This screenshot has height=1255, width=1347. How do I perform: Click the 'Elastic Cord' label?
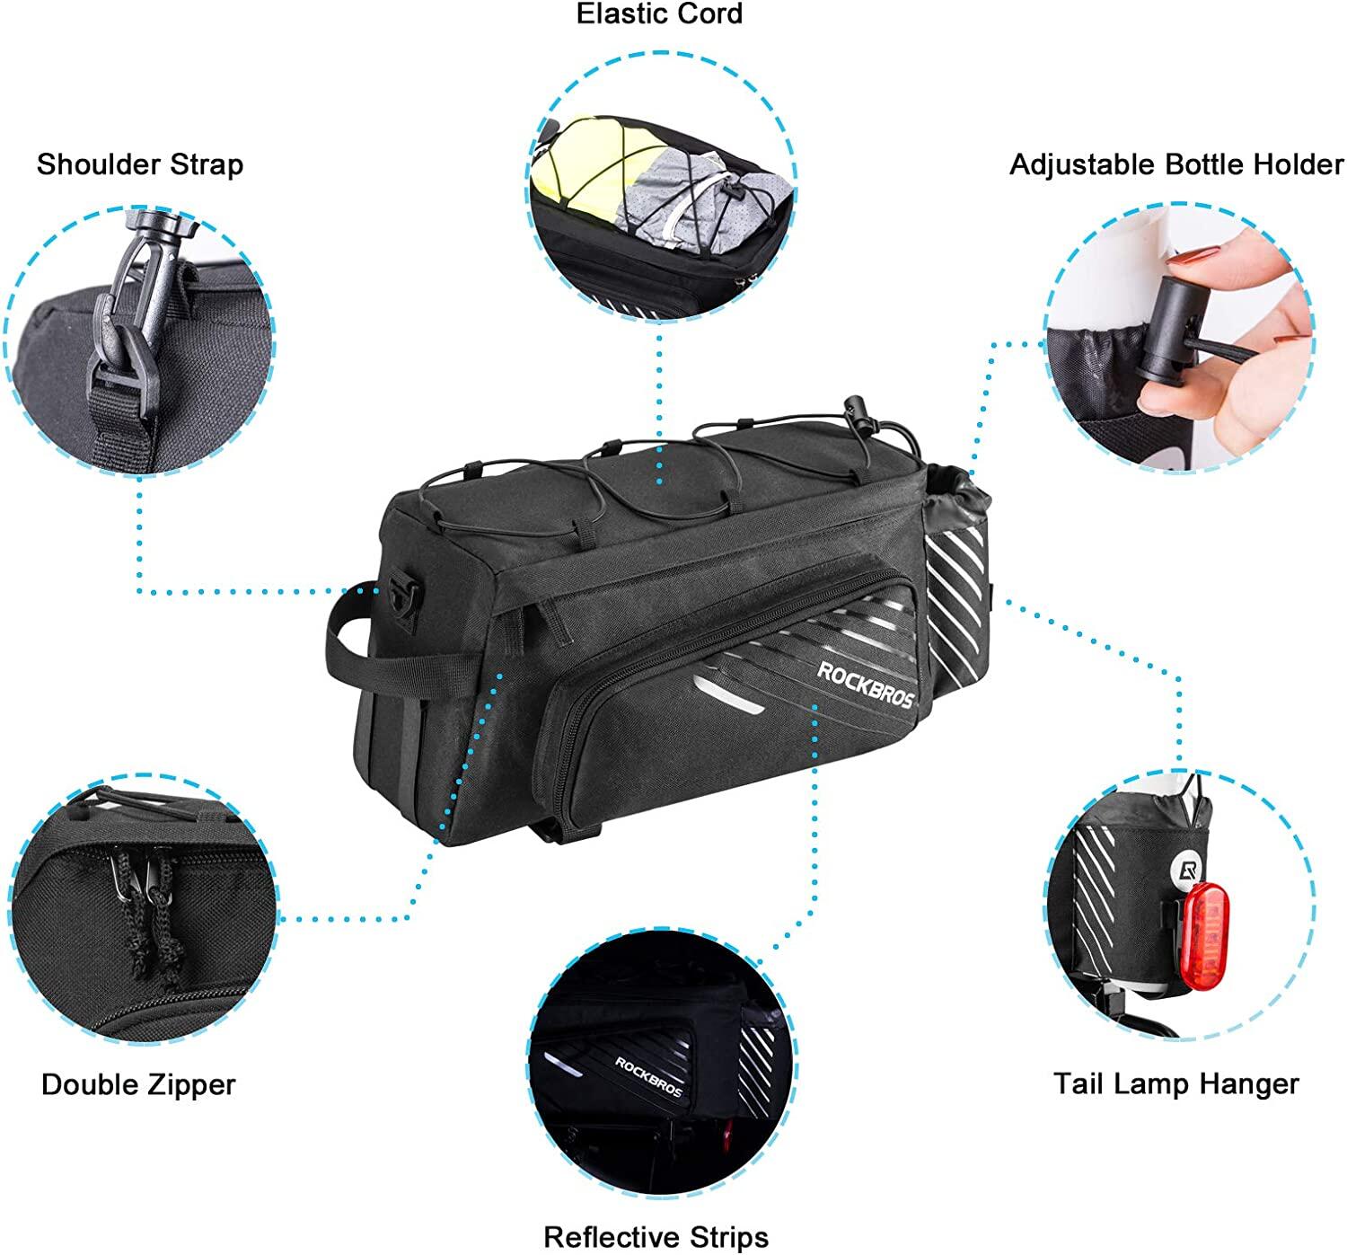tap(659, 14)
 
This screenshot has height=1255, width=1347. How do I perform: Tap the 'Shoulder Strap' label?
tap(140, 165)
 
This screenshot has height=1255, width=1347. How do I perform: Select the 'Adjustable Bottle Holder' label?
tap(1176, 165)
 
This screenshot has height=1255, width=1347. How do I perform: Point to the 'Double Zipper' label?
tap(138, 1085)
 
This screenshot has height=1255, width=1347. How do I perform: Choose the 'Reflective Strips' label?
tap(656, 1238)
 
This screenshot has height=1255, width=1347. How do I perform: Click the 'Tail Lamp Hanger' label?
tap(1176, 1084)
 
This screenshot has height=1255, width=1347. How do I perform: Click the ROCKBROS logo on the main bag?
tap(866, 685)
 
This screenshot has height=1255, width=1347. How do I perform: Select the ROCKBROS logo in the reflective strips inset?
tap(647, 1076)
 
